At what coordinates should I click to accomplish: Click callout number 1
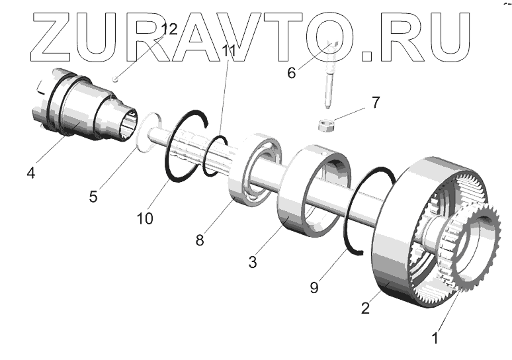pos(435,338)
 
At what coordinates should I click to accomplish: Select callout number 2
pos(365,308)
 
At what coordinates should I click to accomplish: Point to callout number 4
pos(30,174)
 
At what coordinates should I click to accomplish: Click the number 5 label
pos(93,196)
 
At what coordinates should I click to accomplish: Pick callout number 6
pos(290,73)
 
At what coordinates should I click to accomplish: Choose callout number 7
pos(375,103)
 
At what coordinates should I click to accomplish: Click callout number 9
pos(315,287)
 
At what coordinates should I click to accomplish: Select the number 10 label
pos(146,218)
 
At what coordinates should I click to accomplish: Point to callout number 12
pos(169,29)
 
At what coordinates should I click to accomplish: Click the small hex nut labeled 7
pos(325,125)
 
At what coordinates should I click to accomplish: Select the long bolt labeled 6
pos(329,73)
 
